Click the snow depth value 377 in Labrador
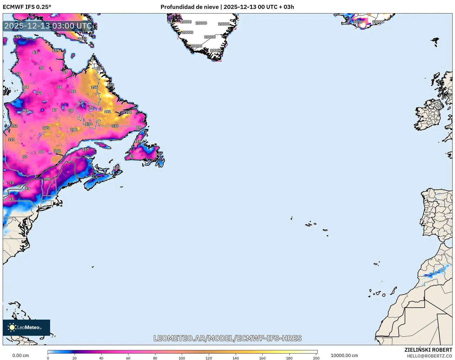point(100,68)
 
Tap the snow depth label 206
point(74,130)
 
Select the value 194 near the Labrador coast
point(128,112)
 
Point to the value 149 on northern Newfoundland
point(137,141)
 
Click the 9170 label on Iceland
point(358,22)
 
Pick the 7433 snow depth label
point(82,39)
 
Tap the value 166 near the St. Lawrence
point(57,151)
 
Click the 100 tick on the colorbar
point(182,358)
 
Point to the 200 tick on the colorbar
point(316,358)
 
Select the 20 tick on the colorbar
point(75,358)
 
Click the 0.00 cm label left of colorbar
point(20,355)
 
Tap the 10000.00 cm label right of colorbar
point(344,355)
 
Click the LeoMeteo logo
point(26,327)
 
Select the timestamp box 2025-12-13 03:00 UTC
point(48,26)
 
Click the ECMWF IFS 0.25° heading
point(27,7)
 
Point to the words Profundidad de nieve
point(189,7)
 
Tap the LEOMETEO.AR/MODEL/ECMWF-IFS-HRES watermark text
point(227,338)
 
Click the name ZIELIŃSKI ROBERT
point(428,350)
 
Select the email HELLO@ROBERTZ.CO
point(429,356)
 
